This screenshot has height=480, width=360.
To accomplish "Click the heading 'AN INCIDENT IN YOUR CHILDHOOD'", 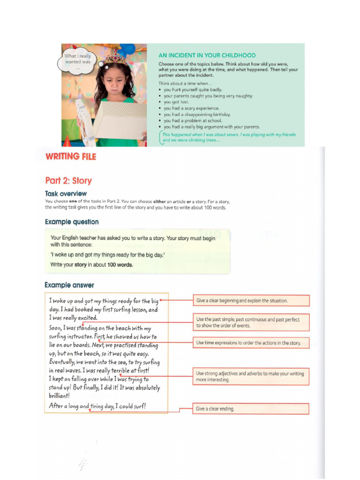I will click(207, 55).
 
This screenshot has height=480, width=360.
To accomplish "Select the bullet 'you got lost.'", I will click(176, 102).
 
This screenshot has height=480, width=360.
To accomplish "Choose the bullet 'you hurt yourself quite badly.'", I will click(193, 90).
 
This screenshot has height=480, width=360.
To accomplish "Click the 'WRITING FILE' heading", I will click(70, 157).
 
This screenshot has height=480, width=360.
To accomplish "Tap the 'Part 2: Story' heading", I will click(68, 180).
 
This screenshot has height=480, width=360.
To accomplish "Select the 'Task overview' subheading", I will click(66, 194).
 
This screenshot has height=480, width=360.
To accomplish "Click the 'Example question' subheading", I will click(72, 222).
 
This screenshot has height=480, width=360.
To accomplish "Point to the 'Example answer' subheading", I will click(69, 285).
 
